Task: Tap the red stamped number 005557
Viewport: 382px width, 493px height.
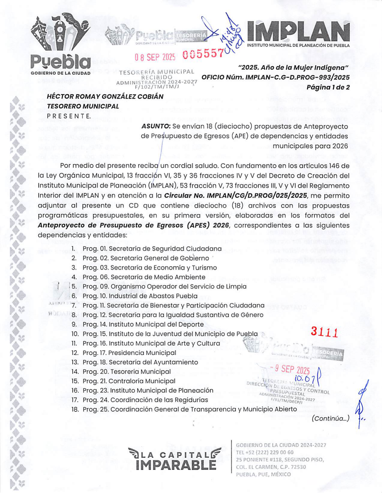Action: [203, 54]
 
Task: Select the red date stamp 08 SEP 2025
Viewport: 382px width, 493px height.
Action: [155, 57]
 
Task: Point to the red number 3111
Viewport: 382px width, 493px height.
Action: [324, 332]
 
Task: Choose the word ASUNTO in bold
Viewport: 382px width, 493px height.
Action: [156, 126]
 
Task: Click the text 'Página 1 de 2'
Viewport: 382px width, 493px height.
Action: [328, 87]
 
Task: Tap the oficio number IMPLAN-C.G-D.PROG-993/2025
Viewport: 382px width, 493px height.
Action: [297, 77]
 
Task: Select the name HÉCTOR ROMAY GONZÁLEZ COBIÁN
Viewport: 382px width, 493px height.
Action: [105, 97]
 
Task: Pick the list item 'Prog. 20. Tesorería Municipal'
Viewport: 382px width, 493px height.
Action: [127, 372]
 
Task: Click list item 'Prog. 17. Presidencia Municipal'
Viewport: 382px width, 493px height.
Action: [129, 353]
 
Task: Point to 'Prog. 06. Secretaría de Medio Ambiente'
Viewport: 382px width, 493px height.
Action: [144, 277]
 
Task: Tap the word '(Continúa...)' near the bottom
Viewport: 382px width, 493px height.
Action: [330, 418]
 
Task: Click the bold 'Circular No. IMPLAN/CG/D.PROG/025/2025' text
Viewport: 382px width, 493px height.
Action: [235, 196]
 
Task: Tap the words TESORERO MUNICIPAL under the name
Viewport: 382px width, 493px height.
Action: [83, 106]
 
